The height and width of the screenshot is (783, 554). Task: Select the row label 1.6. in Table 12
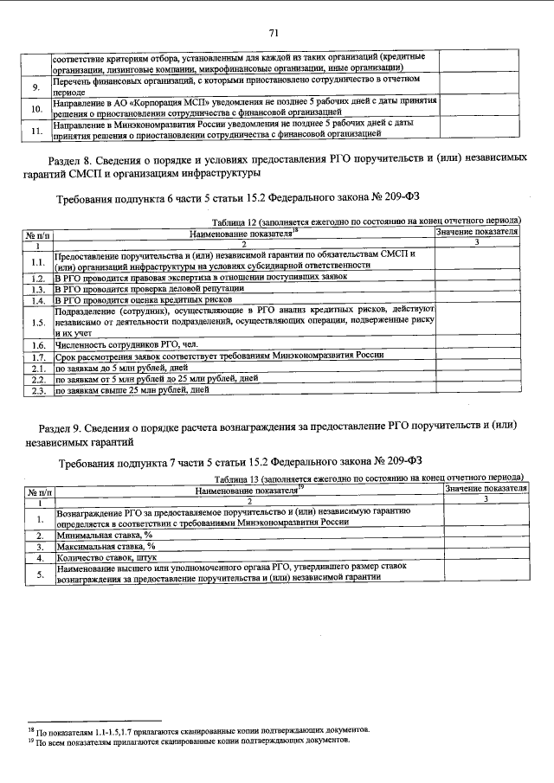click(38, 343)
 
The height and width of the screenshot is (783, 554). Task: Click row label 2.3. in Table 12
click(38, 391)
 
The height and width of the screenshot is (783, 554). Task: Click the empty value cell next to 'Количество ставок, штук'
click(485, 559)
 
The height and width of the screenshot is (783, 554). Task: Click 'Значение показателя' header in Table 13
click(485, 489)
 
